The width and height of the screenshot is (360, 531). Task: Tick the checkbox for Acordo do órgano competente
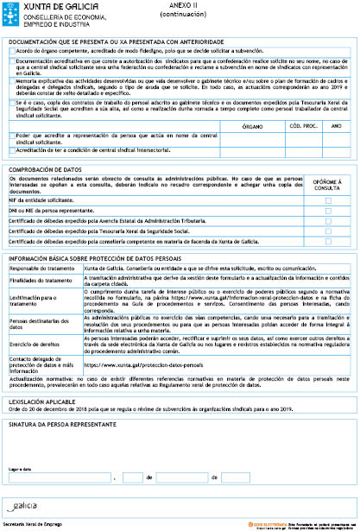[x=10, y=52]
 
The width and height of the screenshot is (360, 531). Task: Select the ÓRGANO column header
[x=254, y=125]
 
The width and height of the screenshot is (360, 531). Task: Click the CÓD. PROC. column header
[x=300, y=125]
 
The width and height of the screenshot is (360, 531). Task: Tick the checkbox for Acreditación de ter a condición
[x=10, y=149]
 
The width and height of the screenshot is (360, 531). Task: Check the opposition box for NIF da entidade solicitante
[x=328, y=199]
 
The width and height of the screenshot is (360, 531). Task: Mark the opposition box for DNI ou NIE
[x=328, y=211]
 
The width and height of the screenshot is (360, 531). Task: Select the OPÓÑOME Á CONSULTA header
[x=328, y=186]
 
